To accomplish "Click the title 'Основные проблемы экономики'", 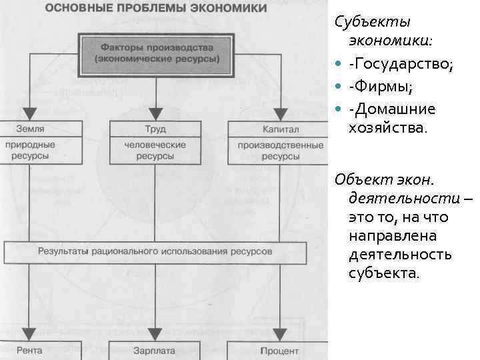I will coord(156,9).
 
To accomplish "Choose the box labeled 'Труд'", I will coord(155,129).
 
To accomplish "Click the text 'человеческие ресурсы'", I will coord(155,150).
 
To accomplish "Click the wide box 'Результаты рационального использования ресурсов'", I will coord(155,252).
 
